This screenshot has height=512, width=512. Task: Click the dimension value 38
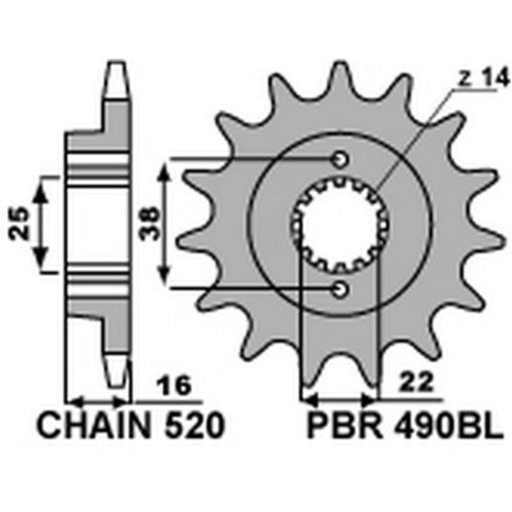click(x=148, y=223)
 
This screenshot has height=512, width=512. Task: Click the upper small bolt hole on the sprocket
click(x=340, y=159)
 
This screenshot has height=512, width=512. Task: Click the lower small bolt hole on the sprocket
click(x=340, y=290)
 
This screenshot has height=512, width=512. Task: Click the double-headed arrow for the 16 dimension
click(x=99, y=402)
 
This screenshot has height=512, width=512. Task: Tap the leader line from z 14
click(x=416, y=138)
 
